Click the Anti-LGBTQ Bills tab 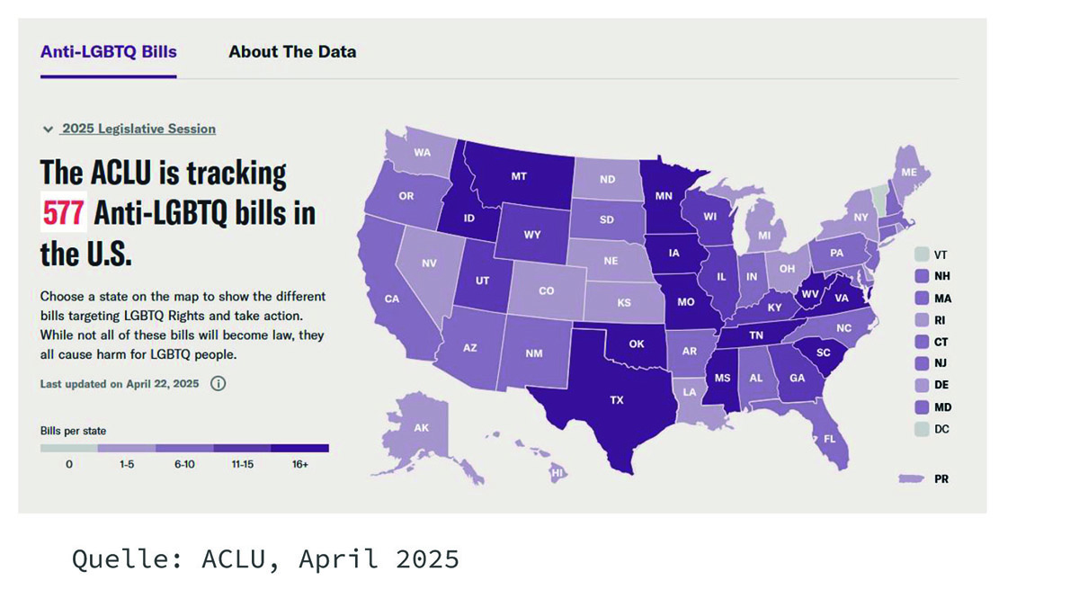109,51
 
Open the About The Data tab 292,51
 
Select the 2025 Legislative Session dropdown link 138,129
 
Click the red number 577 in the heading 63,213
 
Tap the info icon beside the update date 218,383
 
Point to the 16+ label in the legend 299,465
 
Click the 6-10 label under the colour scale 184,465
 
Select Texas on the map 617,399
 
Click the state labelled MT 519,177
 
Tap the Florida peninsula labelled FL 829,439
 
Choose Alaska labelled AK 421,428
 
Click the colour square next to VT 921,254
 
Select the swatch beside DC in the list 921,429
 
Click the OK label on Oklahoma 637,344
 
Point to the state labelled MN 664,195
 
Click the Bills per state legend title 73,431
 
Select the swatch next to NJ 921,363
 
